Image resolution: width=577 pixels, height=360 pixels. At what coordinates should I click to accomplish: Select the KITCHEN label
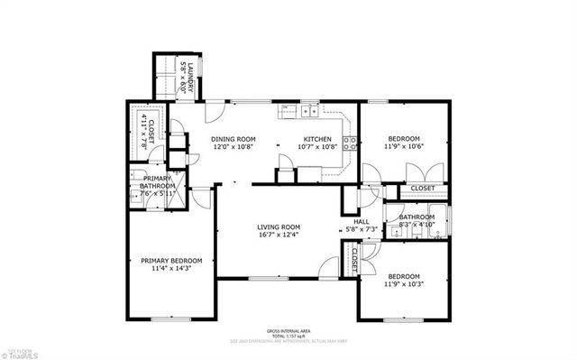tap(317, 139)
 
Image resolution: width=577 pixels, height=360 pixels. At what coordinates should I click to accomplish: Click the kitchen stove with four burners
tap(352, 142)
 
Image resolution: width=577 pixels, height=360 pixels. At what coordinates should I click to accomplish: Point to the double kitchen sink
tap(309, 112)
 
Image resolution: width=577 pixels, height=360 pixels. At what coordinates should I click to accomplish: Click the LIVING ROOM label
tap(278, 226)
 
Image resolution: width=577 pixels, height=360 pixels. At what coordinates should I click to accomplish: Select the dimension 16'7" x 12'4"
tap(278, 235)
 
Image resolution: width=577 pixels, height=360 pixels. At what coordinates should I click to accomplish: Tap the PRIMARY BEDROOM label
tap(171, 261)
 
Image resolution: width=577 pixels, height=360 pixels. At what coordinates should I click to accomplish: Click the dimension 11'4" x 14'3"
tap(171, 269)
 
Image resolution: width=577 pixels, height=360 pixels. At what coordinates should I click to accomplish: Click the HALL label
tap(361, 221)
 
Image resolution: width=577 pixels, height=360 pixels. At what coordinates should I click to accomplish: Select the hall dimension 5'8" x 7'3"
tap(361, 230)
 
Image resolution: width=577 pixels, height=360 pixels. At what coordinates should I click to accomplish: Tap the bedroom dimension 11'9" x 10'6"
tap(404, 147)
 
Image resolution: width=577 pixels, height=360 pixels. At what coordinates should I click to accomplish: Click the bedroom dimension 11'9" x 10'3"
tap(404, 285)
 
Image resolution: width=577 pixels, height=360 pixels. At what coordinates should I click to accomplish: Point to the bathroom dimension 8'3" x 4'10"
tap(417, 225)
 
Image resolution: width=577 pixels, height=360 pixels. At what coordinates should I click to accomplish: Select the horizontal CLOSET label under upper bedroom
tap(423, 189)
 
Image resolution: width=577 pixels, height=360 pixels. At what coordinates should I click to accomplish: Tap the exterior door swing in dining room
tap(214, 114)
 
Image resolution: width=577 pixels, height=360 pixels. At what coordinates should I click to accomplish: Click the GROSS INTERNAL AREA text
tap(288, 331)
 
